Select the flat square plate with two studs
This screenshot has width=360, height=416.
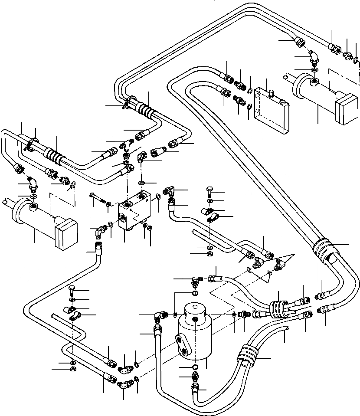click(x=271, y=110)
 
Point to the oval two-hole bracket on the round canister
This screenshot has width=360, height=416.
click(x=183, y=346)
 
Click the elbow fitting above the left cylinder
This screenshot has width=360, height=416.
click(x=32, y=185)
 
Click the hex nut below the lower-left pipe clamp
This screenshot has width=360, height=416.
click(x=72, y=370)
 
